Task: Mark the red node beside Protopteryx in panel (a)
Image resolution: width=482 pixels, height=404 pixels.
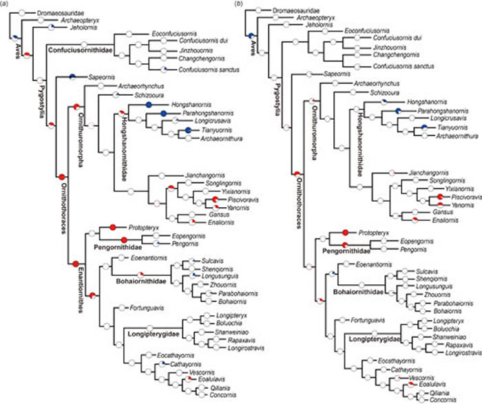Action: point(111,207)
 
